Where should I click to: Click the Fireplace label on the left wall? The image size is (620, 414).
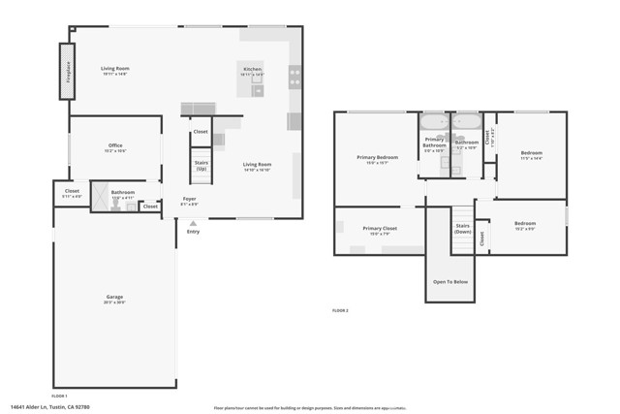68,72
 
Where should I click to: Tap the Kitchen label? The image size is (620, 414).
252,71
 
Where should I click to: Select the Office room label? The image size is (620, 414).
115,146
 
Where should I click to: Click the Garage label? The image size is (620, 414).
114,298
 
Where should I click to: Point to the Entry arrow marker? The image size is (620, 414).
193,224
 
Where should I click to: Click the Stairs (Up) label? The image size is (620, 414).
201,166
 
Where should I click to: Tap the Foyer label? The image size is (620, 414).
190,200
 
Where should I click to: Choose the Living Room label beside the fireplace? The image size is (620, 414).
115,69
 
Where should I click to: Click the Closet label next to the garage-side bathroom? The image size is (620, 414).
150,206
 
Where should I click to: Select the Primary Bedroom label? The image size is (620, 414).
377,158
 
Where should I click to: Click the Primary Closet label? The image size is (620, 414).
380,230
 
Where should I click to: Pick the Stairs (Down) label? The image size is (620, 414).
463,229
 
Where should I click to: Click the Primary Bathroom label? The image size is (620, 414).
434,143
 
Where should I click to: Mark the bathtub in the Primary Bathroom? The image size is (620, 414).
434,122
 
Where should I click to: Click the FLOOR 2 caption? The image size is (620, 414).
339,310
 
